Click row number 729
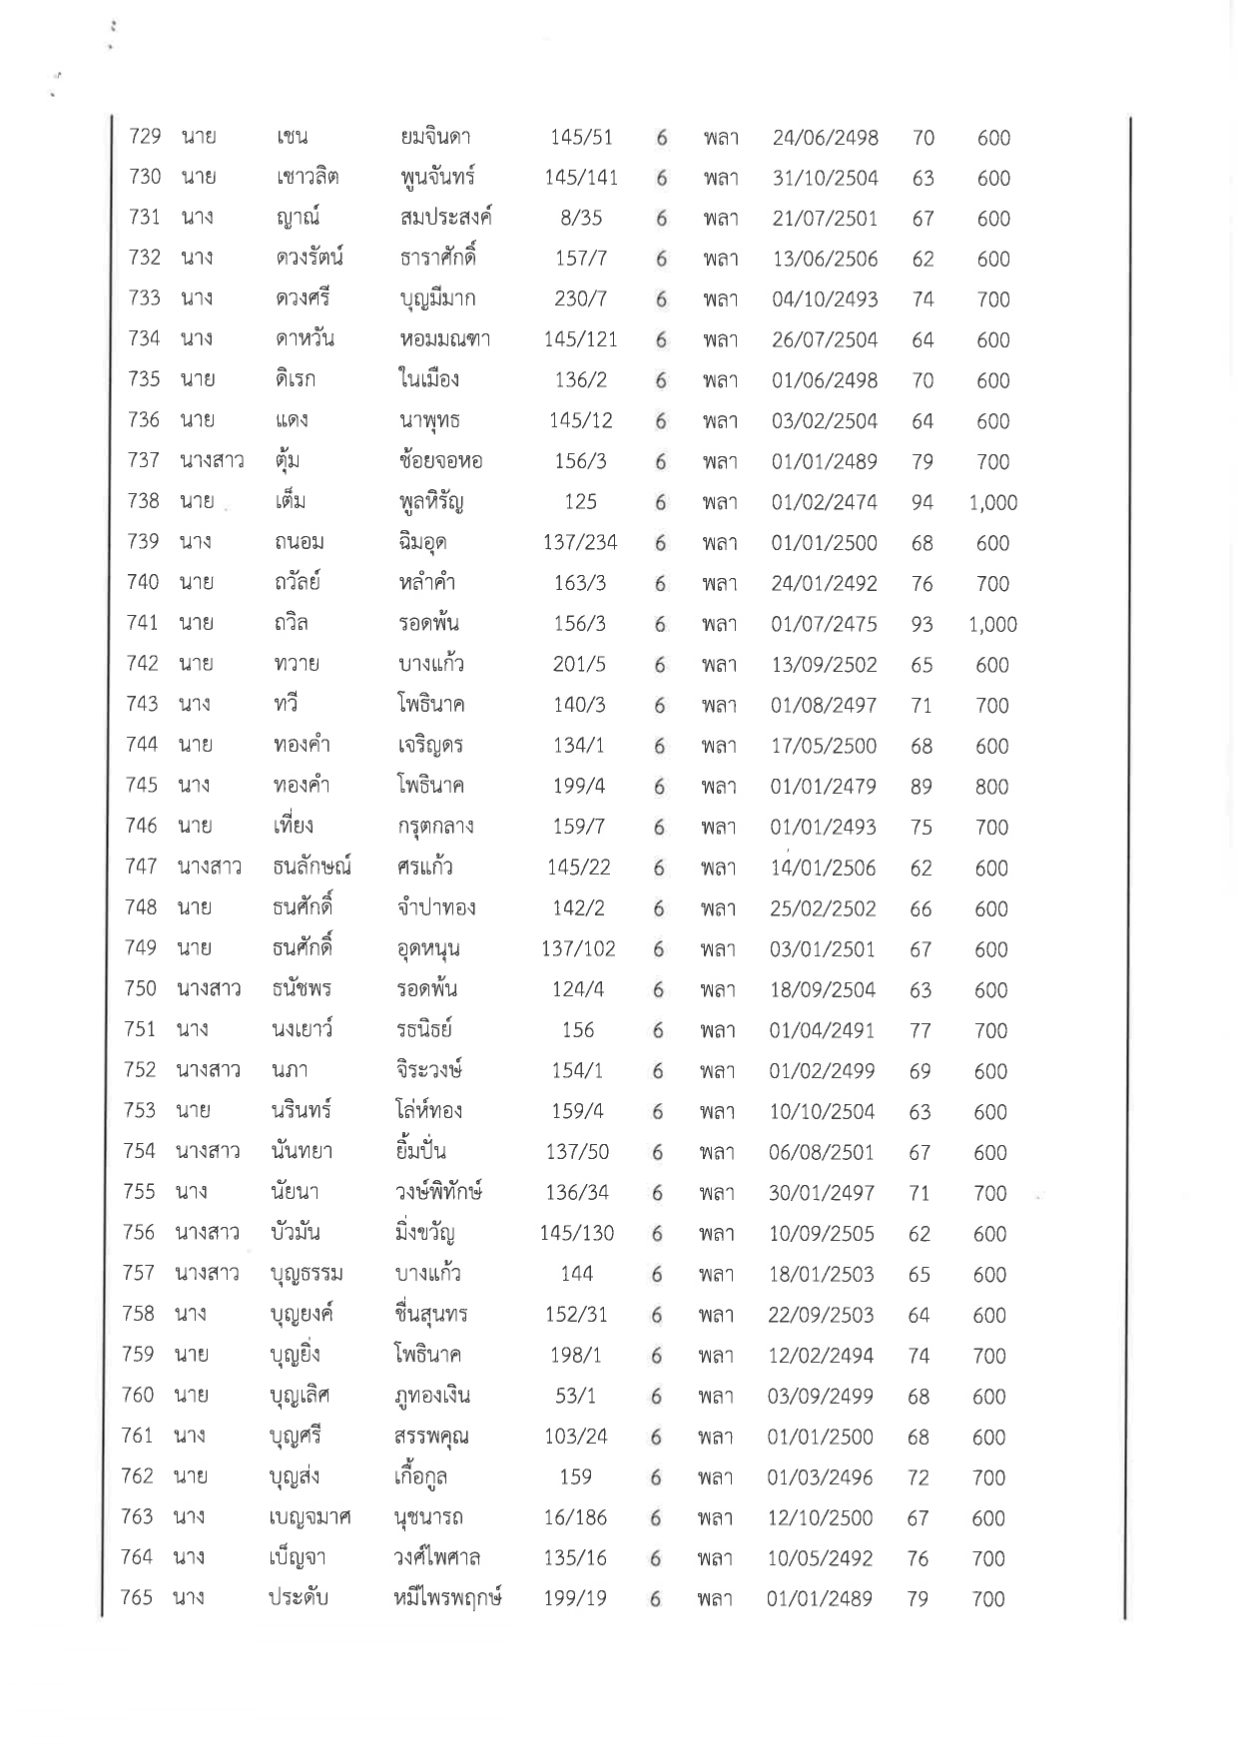pos(146,137)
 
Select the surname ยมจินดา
pos(434,137)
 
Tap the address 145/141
pos(581,178)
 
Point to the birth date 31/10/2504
pos(825,179)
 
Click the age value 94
pos(922,503)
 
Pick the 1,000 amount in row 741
pos(992,625)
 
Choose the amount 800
pos(991,787)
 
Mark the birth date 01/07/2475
pos(824,625)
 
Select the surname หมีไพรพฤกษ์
pos(446,1598)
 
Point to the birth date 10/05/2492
pos(820,1558)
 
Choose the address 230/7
pos(581,299)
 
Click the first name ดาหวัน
pos(304,339)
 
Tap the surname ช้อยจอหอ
pos(439,461)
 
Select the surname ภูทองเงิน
pos(431,1396)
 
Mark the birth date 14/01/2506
pos(822,869)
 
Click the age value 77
pos(920,1031)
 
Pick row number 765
pos(137,1598)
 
